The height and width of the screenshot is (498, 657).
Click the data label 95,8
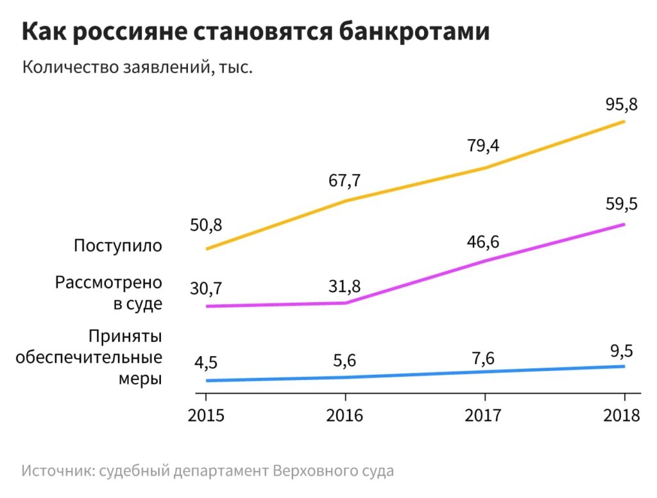(622, 103)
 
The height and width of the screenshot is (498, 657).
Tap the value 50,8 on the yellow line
(206, 226)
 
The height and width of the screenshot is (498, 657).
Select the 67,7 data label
(345, 181)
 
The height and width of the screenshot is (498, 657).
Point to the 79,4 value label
(483, 146)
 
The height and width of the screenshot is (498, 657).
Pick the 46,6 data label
(483, 242)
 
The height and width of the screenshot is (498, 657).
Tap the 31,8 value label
(345, 285)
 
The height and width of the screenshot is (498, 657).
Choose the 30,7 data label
(206, 289)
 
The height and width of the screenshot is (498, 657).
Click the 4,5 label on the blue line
(206, 363)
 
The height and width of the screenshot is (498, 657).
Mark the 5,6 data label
(345, 361)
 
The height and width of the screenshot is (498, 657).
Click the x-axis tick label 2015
(206, 415)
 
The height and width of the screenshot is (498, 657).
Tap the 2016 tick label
(345, 415)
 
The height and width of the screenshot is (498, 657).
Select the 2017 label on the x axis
(483, 415)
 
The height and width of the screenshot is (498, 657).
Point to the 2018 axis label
(622, 415)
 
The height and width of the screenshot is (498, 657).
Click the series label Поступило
(118, 246)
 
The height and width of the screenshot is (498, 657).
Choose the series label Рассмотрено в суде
(109, 293)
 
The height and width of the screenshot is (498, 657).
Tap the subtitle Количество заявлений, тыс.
(138, 67)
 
